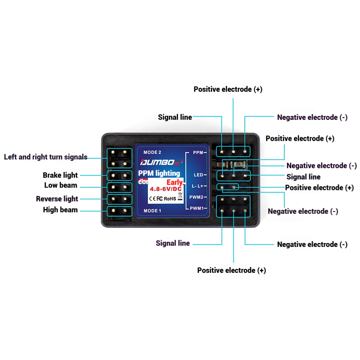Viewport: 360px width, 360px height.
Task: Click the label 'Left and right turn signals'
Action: pos(46,157)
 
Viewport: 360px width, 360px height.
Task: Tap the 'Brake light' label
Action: pos(60,175)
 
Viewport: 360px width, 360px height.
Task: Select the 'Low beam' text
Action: pos(60,185)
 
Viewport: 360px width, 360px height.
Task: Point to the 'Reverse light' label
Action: pos(57,199)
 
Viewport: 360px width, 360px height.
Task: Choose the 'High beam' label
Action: pos(60,210)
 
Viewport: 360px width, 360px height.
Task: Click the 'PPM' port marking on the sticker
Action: pos(198,153)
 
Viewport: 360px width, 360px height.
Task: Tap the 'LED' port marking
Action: pos(198,175)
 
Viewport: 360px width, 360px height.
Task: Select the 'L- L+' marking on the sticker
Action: pos(198,186)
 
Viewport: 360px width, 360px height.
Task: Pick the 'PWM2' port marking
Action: pos(197,197)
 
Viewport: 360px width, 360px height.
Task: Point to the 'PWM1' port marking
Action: pos(197,208)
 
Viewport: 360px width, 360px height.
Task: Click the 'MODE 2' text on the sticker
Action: pos(152,152)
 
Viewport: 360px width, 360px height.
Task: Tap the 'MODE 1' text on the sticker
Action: pos(152,211)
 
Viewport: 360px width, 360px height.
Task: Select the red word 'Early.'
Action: pos(175,183)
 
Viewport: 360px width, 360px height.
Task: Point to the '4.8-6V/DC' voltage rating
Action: pos(166,189)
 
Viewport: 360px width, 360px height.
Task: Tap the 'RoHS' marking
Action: pos(170,198)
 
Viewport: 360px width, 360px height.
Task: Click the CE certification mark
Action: pos(152,198)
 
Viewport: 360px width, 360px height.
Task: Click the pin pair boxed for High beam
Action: pos(119,211)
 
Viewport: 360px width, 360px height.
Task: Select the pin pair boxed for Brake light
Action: pos(119,176)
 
